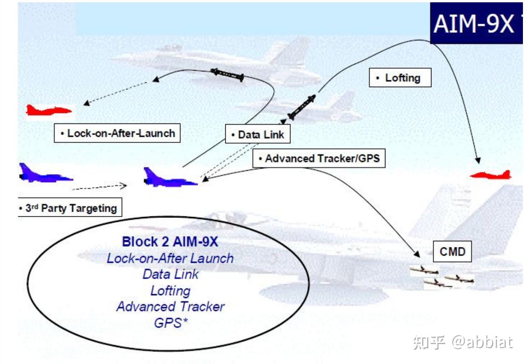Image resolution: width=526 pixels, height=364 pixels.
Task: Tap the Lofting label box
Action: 400,78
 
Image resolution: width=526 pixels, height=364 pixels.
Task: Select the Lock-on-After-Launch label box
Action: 117,133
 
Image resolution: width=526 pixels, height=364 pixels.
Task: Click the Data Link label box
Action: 257,135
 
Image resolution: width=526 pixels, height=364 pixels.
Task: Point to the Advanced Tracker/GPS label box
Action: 319,158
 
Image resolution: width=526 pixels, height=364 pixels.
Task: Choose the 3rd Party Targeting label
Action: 70,208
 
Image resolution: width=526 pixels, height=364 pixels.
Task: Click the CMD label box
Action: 452,252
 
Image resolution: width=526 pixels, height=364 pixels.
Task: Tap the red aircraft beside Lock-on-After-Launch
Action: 48,110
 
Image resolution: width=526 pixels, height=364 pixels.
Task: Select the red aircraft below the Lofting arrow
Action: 492,175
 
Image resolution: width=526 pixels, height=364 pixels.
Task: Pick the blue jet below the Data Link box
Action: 169,179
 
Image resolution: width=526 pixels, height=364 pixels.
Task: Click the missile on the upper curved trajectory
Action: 228,74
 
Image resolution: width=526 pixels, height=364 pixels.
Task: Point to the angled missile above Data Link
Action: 302,107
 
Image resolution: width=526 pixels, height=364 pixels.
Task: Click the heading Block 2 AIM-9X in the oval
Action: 170,242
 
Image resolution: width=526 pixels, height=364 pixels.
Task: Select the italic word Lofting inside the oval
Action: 170,291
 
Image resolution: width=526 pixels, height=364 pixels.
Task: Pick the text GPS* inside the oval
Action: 170,323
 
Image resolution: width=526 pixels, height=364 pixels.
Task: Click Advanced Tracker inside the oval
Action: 170,307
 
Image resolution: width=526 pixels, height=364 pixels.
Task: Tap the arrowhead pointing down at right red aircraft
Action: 477,160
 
